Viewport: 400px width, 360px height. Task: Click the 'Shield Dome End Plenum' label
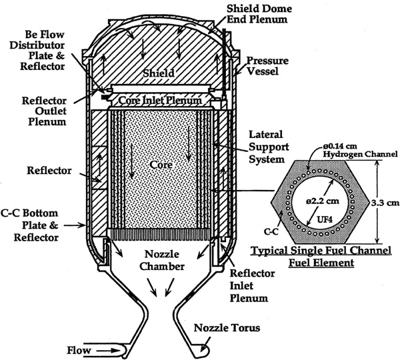[x=259, y=14]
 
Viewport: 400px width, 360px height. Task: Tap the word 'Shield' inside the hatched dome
[x=159, y=73]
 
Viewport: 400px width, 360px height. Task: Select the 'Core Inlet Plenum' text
[x=160, y=100]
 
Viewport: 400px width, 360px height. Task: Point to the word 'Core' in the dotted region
[x=161, y=165]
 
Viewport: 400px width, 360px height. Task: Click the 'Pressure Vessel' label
[x=267, y=66]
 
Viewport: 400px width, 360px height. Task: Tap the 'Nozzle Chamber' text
[x=162, y=261]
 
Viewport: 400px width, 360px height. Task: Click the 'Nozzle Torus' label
[x=227, y=327]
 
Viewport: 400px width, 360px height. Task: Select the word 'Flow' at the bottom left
[x=79, y=350]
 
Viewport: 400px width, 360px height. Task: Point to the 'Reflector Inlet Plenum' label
[x=252, y=286]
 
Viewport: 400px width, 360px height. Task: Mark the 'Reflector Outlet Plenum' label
[x=44, y=111]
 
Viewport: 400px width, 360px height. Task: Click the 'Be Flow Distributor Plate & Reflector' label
[x=37, y=51]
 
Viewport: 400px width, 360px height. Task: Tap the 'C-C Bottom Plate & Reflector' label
[x=29, y=225]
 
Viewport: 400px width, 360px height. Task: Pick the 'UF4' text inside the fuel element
[x=325, y=219]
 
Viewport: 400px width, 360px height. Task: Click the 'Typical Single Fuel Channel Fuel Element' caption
[x=321, y=257]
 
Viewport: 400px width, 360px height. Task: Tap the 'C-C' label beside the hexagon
[x=271, y=231]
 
